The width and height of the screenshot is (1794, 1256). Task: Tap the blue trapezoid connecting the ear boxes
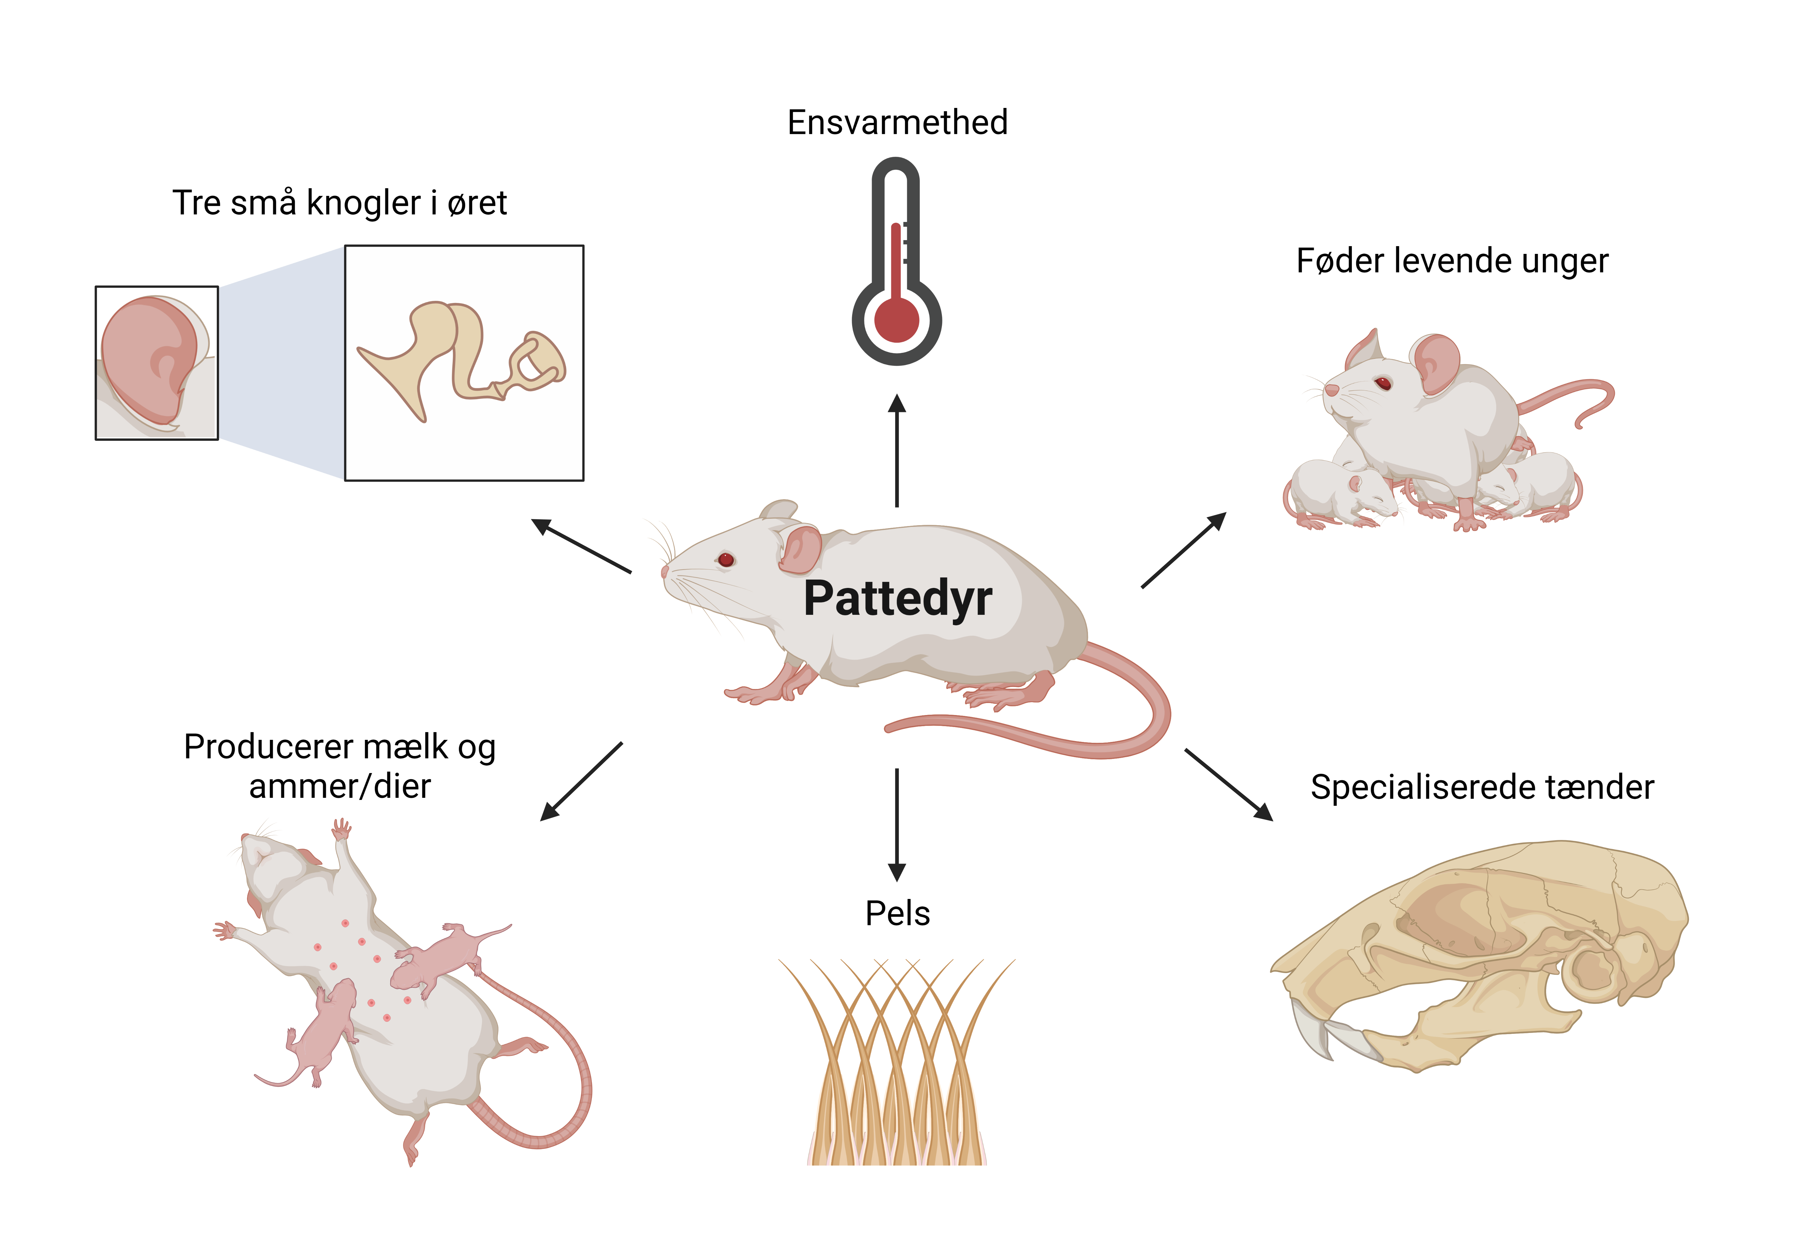tap(281, 363)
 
